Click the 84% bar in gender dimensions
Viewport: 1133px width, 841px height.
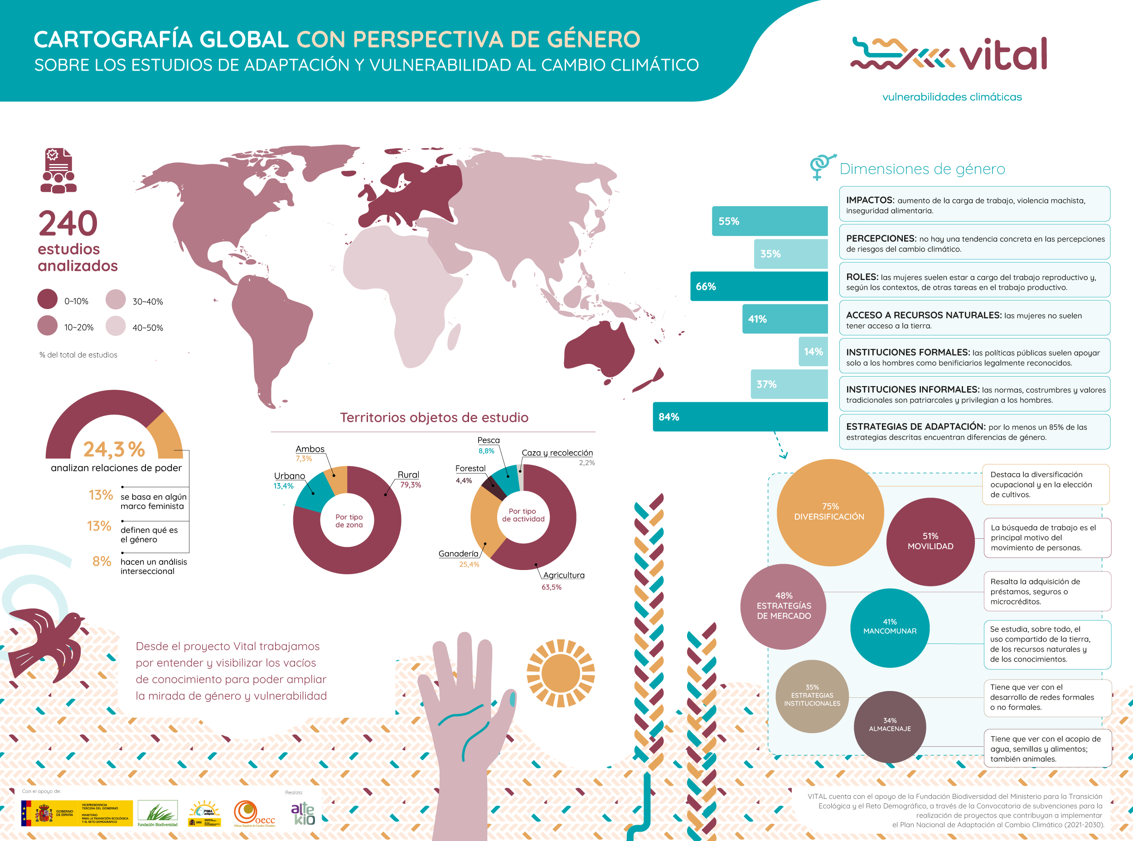740,417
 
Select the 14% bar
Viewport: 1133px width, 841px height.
813,352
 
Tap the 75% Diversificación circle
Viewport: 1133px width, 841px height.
829,512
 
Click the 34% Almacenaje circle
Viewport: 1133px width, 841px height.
890,725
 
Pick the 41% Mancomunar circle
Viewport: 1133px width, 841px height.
890,627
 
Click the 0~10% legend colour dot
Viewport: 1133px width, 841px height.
47,300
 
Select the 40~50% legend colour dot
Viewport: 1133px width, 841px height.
116,326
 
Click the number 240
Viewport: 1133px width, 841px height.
68,223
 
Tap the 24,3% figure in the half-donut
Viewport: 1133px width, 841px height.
114,449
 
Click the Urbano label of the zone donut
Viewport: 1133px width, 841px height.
289,476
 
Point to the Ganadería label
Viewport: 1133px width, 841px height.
458,554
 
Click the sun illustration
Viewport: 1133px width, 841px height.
561,673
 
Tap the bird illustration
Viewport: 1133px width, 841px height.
48,643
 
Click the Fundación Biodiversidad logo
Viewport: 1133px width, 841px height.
157,813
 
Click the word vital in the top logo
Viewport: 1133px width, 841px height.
1003,54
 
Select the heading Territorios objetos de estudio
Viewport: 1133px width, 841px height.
434,417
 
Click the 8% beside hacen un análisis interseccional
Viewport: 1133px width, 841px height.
102,561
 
